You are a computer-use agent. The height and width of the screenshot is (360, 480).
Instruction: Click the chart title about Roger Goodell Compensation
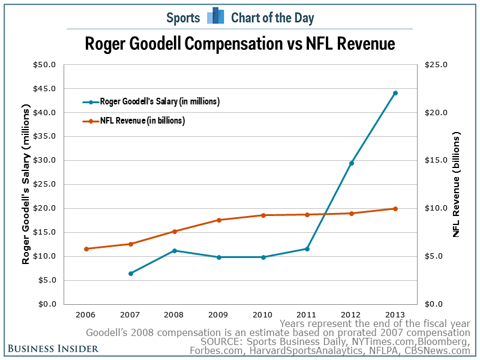[239, 44]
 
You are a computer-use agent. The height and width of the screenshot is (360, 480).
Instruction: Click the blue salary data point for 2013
[395, 93]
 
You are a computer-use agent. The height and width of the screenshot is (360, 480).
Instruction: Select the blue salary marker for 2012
[352, 163]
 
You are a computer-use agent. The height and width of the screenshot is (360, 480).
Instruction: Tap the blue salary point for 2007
[131, 274]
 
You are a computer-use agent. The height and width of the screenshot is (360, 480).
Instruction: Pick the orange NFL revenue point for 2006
[86, 249]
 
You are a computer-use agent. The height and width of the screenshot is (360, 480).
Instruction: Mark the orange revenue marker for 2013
[395, 209]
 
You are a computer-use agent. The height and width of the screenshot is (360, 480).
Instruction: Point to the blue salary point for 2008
[175, 251]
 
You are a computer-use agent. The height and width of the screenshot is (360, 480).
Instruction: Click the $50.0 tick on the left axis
[46, 65]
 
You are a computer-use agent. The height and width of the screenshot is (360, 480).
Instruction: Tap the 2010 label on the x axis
[263, 314]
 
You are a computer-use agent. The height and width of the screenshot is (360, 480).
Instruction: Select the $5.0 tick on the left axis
[47, 280]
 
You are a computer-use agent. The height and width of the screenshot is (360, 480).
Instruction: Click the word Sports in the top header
[183, 17]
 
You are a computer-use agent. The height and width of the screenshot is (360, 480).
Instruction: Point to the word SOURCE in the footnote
[212, 341]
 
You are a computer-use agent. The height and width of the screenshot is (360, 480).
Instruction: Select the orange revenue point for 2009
[219, 220]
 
